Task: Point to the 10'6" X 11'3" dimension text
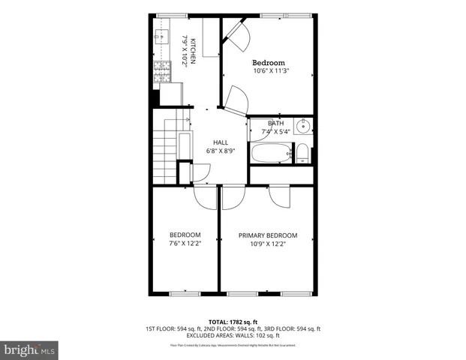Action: coord(270,71)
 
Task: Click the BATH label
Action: coord(275,124)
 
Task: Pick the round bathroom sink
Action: coord(304,125)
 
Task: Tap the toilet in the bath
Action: coord(302,154)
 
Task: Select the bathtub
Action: coord(270,154)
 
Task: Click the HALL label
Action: coord(221,142)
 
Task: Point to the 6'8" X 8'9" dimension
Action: coord(221,151)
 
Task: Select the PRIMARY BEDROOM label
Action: coord(268,235)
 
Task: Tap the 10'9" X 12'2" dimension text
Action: coord(268,244)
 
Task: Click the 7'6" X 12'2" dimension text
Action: coord(185,244)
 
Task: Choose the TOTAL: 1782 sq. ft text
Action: coord(233,322)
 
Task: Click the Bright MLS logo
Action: coord(30,349)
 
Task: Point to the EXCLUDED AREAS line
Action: coord(233,335)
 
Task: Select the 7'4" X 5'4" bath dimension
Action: coord(275,132)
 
